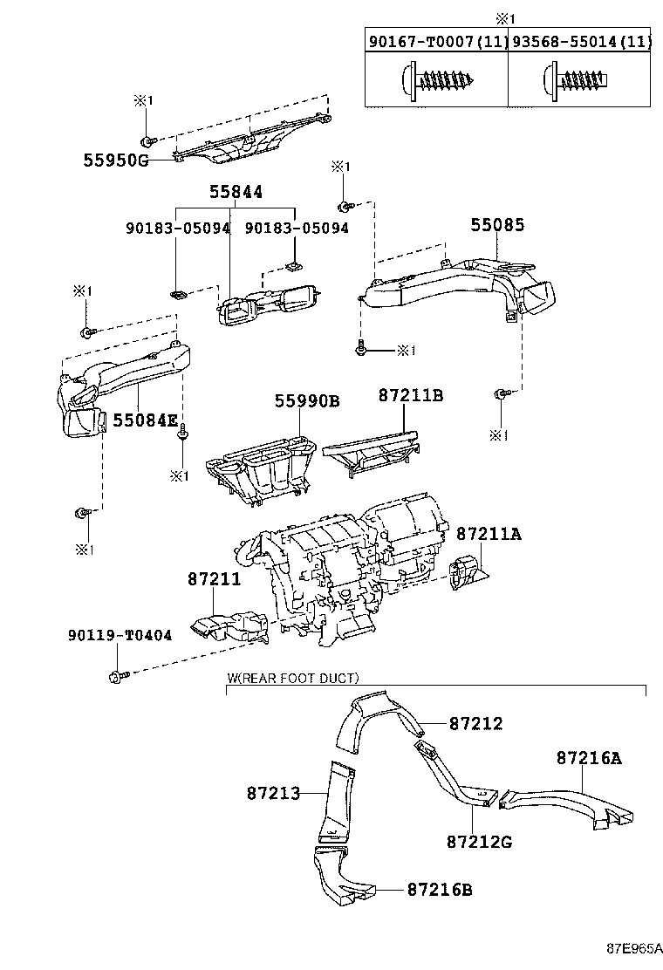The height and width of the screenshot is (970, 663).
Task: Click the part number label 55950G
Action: click(116, 161)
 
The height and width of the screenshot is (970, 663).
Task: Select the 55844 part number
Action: click(235, 192)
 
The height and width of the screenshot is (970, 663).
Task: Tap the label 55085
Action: click(497, 225)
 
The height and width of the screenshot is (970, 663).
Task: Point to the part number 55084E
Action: click(145, 420)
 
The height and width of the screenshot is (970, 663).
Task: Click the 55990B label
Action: click(307, 400)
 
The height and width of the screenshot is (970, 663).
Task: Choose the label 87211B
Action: click(410, 395)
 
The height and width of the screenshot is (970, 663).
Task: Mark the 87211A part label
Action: click(489, 533)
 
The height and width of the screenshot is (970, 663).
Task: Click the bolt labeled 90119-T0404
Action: click(116, 676)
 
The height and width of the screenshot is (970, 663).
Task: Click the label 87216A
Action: click(589, 758)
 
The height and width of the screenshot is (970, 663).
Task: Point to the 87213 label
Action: click(273, 793)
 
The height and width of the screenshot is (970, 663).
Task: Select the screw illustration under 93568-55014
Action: click(578, 82)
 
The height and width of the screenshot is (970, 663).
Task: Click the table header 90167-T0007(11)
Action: click(436, 41)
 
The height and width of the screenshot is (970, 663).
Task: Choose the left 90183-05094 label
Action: click(177, 228)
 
